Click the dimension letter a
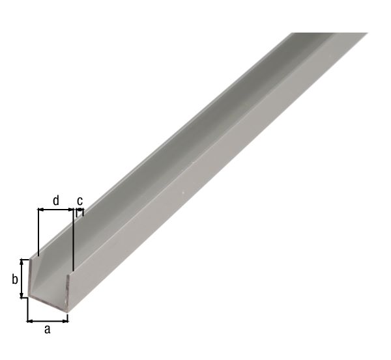point(47,330)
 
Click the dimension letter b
point(14,280)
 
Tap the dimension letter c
point(80,200)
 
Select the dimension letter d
point(56,200)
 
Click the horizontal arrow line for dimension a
point(48,320)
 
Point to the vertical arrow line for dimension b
point(23,279)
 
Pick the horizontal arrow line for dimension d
point(56,210)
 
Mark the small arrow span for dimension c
point(80,210)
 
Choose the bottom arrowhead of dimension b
point(23,296)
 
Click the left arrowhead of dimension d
point(41,210)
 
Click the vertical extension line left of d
point(38,231)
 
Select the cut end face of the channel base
point(49,303)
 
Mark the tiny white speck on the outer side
point(184,192)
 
